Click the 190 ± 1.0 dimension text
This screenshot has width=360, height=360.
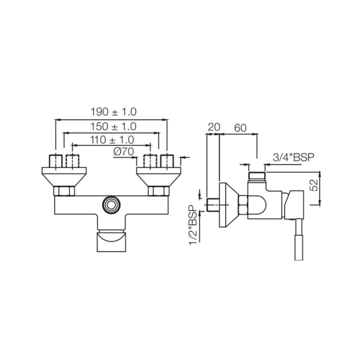click(x=113, y=112)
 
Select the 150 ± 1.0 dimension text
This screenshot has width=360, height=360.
click(x=113, y=127)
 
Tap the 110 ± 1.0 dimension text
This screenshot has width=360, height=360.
click(x=112, y=140)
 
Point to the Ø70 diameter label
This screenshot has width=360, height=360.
click(x=124, y=151)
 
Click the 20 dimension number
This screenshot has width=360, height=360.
click(x=214, y=127)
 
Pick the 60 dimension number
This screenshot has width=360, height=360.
click(x=240, y=128)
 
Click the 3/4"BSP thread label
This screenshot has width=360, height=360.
click(x=293, y=157)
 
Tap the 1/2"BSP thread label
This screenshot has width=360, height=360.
click(x=193, y=225)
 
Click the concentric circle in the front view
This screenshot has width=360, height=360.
click(x=111, y=205)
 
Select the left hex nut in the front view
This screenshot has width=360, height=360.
click(x=64, y=191)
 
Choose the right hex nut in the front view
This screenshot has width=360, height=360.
click(x=159, y=191)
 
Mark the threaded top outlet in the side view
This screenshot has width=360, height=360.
click(x=257, y=176)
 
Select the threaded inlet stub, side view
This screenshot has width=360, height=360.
click(x=213, y=205)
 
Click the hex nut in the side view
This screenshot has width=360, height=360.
click(x=243, y=204)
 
